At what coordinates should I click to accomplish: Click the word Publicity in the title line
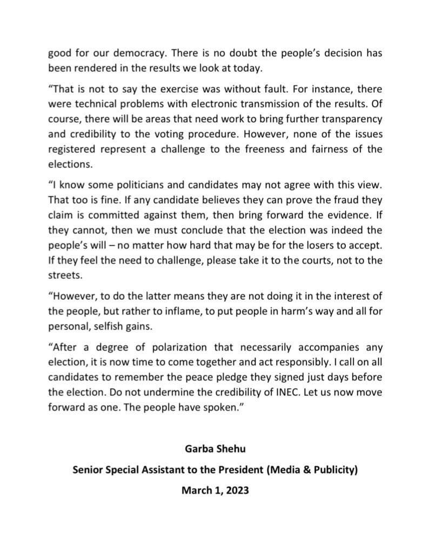click(331, 469)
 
